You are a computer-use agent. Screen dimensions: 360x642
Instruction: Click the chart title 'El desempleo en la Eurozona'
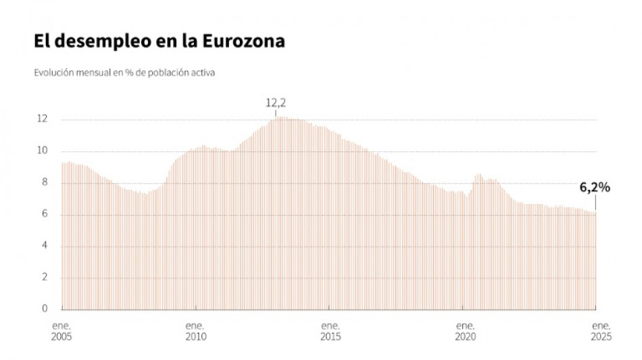tap(159, 41)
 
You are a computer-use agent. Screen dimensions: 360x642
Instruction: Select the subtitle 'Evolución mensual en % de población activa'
tap(124, 72)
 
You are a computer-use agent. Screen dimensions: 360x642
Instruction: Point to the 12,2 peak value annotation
tap(275, 103)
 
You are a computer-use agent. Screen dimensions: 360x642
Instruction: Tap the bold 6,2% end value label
tap(595, 188)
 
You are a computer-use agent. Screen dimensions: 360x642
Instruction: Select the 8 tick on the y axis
tap(44, 182)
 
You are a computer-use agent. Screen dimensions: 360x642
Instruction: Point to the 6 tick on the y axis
tap(44, 214)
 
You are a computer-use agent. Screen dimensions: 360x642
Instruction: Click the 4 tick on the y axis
tap(44, 246)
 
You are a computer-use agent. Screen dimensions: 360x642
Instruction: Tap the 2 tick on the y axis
tap(44, 278)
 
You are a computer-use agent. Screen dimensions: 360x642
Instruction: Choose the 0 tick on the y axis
tap(44, 309)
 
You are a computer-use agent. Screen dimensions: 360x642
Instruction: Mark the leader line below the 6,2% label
tap(595, 203)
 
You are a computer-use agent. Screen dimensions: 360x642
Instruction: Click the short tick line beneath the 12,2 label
tap(275, 113)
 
